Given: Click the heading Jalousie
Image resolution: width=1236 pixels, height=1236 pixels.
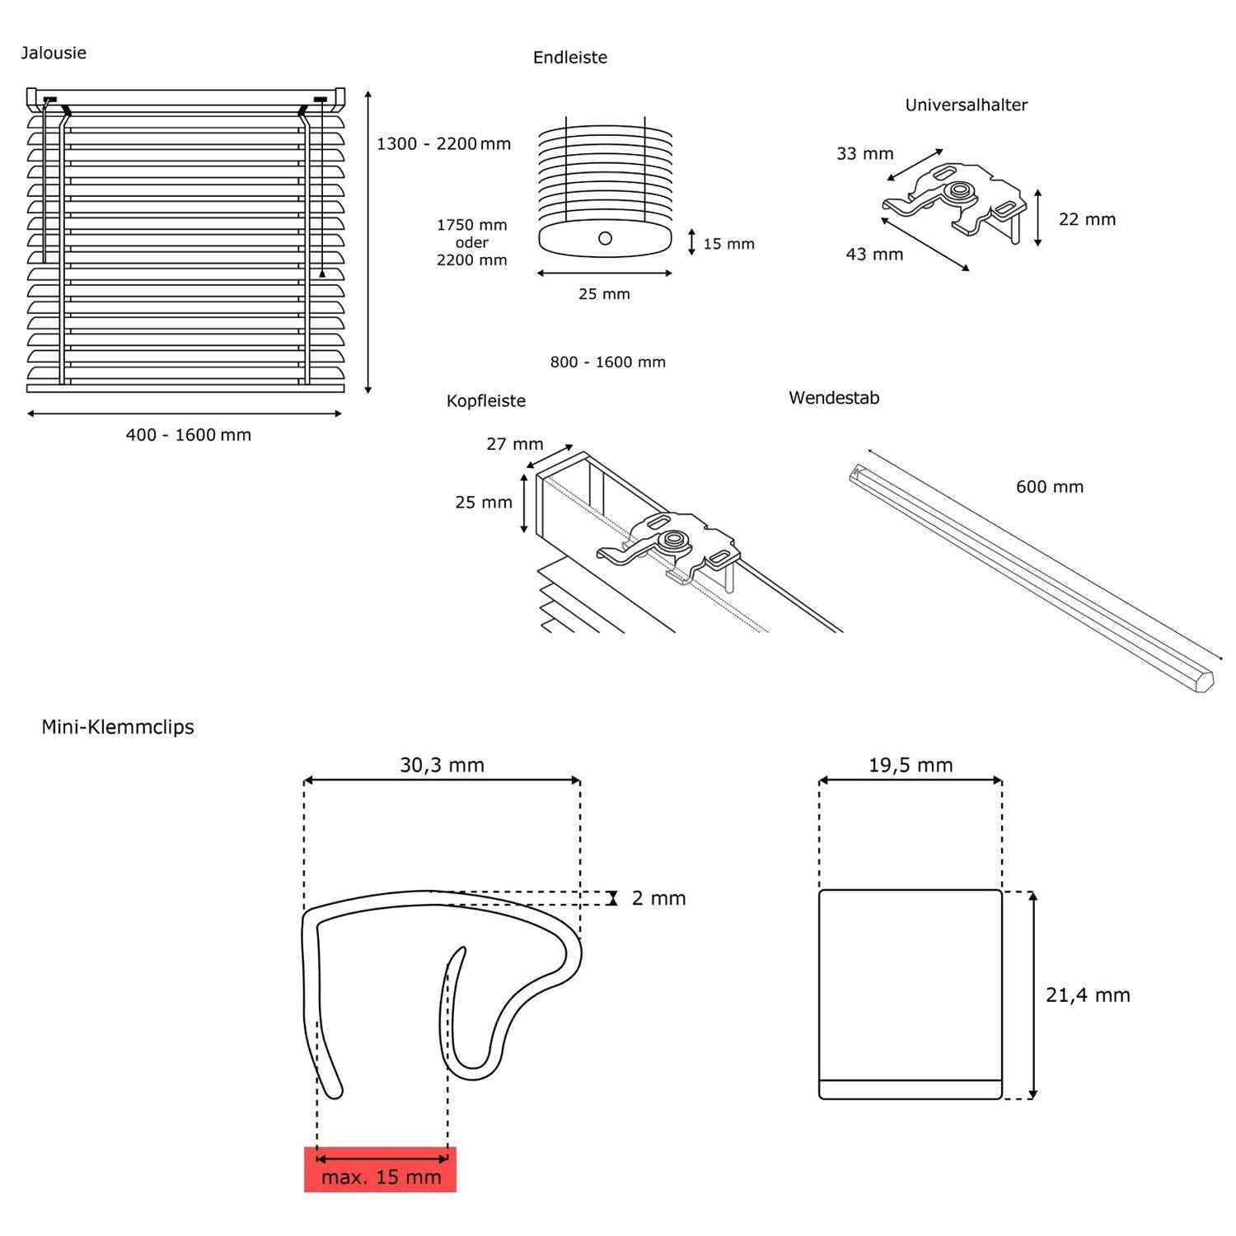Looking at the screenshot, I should click(x=54, y=53).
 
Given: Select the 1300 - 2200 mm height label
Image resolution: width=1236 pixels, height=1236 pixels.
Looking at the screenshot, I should click(x=443, y=143).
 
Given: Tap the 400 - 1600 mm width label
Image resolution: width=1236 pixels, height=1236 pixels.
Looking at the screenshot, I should click(x=188, y=434).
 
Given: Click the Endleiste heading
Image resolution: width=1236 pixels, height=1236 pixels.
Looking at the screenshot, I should click(x=569, y=57).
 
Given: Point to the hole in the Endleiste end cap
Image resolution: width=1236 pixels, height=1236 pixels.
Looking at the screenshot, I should click(x=606, y=238).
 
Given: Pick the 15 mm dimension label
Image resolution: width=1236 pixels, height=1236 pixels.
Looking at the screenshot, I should click(x=728, y=244).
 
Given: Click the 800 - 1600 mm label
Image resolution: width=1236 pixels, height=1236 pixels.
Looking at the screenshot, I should click(x=607, y=362).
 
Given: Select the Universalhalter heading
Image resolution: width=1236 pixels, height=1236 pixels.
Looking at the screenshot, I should click(x=966, y=105).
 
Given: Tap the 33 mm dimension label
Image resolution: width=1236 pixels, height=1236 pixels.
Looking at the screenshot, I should click(x=864, y=153).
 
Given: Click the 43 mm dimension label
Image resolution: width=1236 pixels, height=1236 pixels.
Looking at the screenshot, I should click(x=874, y=254).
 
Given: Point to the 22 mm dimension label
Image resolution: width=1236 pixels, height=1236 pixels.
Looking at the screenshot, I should click(x=1087, y=219).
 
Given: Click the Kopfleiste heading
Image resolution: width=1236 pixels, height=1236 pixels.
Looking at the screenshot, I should click(x=485, y=400).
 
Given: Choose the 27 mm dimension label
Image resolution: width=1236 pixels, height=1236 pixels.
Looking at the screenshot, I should click(x=514, y=443).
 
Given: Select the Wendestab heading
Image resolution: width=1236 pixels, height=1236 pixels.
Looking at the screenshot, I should click(x=834, y=397).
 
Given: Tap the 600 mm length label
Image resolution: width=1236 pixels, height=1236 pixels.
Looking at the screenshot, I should click(x=1049, y=486).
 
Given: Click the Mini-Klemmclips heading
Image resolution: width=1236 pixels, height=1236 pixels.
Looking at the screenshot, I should click(x=118, y=727).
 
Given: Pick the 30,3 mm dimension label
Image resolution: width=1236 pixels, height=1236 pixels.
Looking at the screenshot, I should click(x=442, y=765).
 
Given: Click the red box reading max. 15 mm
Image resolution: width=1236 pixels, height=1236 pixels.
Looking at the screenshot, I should click(x=380, y=1169).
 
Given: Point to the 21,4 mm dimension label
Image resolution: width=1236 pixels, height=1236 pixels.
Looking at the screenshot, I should click(x=1088, y=995).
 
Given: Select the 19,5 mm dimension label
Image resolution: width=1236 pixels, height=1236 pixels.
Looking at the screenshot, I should click(x=911, y=765).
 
